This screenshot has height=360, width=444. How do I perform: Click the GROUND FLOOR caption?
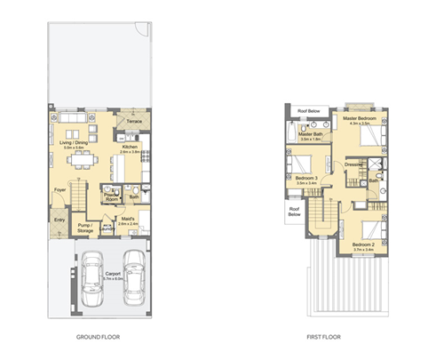click(99, 338)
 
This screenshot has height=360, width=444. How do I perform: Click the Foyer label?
click(60, 190)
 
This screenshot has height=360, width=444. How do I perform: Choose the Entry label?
click(59, 220)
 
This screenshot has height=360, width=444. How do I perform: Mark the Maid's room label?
click(128, 221)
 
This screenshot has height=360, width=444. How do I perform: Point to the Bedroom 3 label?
click(306, 179)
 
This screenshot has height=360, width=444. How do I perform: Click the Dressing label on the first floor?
click(355, 164)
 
